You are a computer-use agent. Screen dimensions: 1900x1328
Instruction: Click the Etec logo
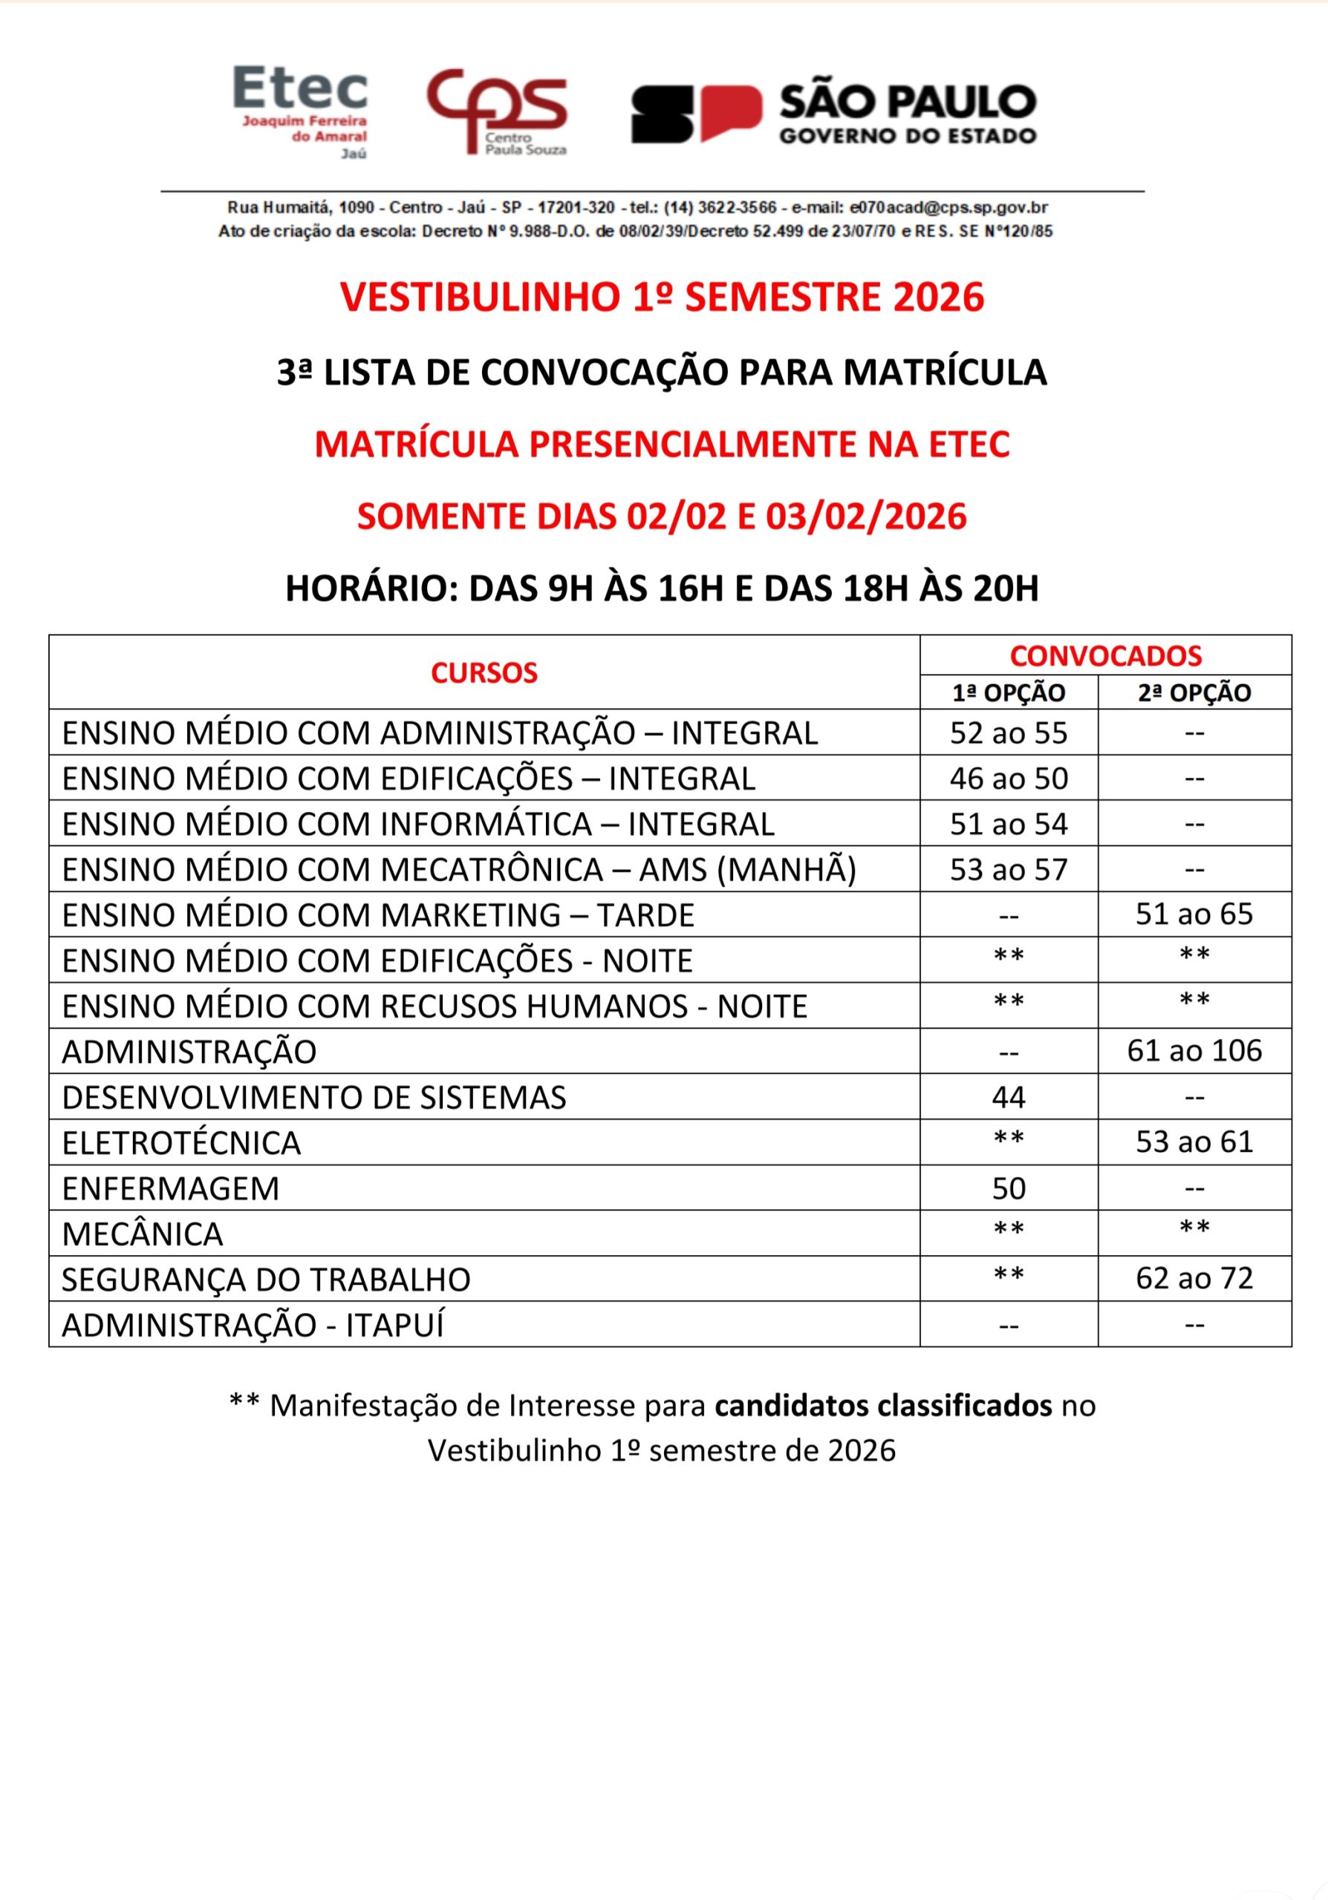click(301, 111)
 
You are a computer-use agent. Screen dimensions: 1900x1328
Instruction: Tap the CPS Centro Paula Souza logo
click(497, 113)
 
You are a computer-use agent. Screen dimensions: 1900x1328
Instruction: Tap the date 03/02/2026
click(866, 517)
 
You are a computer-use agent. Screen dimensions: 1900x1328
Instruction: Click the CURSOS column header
click(484, 672)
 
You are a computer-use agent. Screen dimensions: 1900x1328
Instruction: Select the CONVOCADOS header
click(1105, 655)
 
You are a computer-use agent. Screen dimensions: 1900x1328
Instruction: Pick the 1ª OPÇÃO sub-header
click(1009, 692)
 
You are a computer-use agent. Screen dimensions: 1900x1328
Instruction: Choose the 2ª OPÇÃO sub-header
click(1194, 692)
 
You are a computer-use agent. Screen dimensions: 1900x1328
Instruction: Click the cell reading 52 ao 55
click(1009, 733)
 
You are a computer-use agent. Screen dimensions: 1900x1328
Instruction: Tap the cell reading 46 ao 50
click(1009, 779)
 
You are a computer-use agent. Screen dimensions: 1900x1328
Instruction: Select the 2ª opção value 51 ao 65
click(1194, 914)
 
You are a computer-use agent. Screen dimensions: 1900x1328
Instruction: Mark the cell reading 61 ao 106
click(1194, 1051)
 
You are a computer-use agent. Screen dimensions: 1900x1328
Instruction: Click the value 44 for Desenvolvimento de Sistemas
click(1009, 1097)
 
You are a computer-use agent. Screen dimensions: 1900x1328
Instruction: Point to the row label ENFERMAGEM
click(171, 1188)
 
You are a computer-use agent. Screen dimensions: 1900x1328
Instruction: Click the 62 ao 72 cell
click(1194, 1279)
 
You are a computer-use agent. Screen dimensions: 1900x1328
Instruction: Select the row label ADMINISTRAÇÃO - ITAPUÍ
click(253, 1325)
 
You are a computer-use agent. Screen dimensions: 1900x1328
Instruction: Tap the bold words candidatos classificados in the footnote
click(882, 1405)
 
